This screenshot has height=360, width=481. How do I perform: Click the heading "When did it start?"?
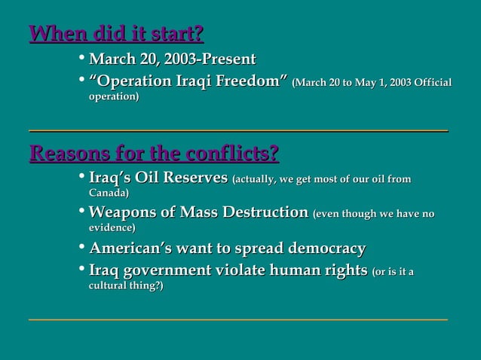[116, 35]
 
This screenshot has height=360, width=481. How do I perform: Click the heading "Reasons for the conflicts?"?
[154, 155]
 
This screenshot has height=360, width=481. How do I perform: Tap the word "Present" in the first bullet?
[229, 59]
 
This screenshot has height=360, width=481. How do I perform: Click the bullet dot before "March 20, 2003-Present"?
[81, 59]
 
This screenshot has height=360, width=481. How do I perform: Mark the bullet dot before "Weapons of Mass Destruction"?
[81, 213]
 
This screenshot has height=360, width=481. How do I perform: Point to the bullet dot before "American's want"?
[81, 249]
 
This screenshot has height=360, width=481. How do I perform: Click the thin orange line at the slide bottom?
[238, 320]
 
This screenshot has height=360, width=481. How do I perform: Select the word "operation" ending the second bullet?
[112, 97]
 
